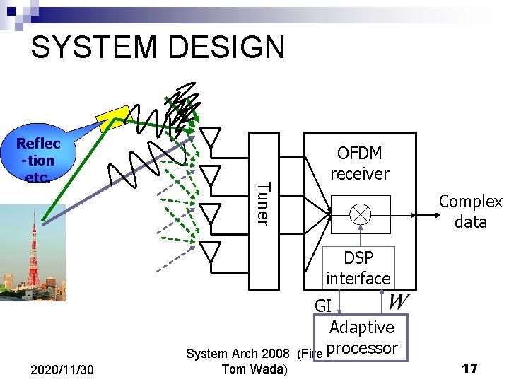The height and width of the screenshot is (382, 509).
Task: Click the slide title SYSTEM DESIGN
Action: pos(158,47)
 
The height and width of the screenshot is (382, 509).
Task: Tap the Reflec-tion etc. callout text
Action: pos(38,160)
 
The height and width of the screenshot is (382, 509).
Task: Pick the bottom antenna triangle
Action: pos(211,250)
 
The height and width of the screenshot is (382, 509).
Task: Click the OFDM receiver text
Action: pos(359,163)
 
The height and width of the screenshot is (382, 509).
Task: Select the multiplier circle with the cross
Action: pos(361,212)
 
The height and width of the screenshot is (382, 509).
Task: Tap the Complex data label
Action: pos(470,212)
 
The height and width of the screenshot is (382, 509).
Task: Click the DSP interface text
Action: pos(358,268)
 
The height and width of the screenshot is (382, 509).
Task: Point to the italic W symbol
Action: pos(398,302)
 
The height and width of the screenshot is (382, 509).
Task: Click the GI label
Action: pos(322,306)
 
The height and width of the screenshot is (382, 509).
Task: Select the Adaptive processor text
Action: pos(362,337)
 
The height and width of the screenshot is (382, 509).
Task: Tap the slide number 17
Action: pos(469,369)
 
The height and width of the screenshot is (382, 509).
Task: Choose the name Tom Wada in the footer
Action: pos(255,369)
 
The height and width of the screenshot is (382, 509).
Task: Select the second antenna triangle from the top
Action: pos(211,173)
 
